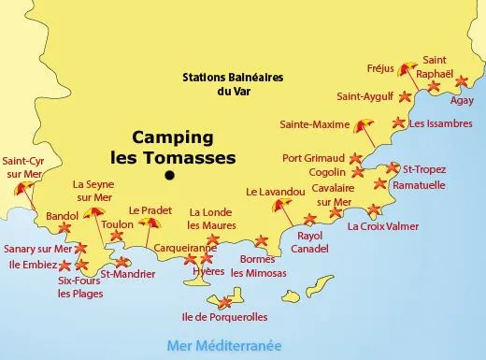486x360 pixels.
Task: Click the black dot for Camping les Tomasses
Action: point(169,175)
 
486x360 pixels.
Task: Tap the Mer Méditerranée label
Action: point(222,345)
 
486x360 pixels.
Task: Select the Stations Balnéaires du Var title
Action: point(234,84)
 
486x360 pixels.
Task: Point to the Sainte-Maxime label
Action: point(314,123)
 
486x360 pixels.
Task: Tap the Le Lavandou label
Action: point(276,192)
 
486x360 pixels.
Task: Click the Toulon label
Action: point(117,225)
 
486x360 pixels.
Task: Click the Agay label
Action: point(462,100)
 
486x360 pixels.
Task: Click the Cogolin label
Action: point(328,172)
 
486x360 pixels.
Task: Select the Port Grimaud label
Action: point(313,157)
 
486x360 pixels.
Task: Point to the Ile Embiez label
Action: point(35,266)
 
